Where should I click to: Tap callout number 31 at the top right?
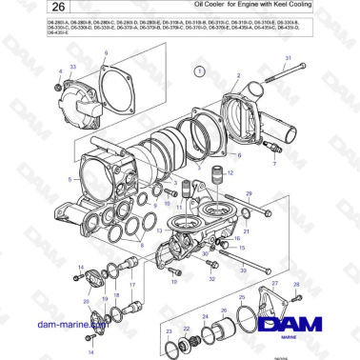tap(287, 59)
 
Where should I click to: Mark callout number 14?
tap(78, 266)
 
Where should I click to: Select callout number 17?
tap(131, 284)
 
